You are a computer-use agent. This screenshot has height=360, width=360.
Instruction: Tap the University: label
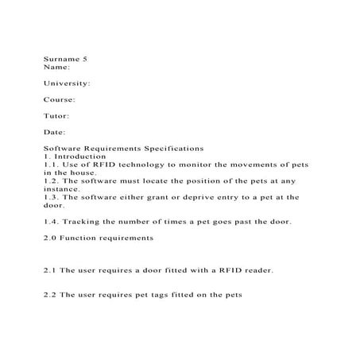[x=66, y=83]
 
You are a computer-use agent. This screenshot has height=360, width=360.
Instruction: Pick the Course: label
[x=60, y=99]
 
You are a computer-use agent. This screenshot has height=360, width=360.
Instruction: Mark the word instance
[x=60, y=188]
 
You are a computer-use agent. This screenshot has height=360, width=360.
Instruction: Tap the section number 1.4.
[x=50, y=222]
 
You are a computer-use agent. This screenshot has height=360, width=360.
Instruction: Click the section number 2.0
[x=50, y=238]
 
